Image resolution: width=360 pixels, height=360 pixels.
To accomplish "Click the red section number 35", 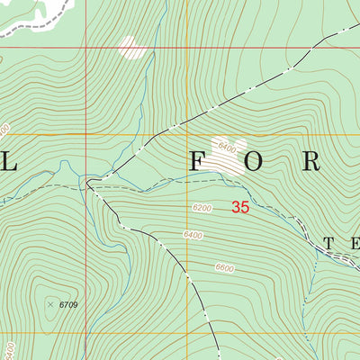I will coord(239,207).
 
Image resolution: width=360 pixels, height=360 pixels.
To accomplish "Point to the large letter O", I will coord(254,161).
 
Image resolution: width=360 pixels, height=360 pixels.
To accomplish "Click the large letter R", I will coord(311,161).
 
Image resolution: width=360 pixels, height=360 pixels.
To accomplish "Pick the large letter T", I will coord(329,243).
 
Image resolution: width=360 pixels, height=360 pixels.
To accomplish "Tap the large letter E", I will coord(355,243).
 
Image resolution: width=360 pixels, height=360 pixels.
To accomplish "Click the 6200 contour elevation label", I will coord(201,209).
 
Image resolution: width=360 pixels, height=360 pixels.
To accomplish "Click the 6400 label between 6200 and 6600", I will coord(193,236).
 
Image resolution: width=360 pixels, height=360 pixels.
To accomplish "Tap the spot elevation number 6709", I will coord(69,305).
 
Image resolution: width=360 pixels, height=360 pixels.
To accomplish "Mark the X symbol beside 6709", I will coord(50,304).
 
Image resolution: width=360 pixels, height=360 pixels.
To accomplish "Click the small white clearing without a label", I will coord(131,48).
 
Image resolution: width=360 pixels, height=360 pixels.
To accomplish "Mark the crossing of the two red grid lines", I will coord(87,47).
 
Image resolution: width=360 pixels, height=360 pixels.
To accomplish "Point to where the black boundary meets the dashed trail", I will coord(88,183).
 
